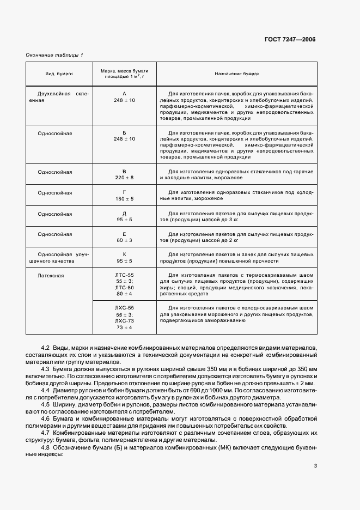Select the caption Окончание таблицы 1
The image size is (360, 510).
(x=54, y=54)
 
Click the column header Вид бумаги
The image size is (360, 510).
(x=59, y=74)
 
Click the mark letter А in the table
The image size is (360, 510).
(x=124, y=93)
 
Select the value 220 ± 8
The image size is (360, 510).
(x=124, y=178)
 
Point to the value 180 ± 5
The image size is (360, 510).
(x=124, y=199)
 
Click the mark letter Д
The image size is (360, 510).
(x=124, y=214)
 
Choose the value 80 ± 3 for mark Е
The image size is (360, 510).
(x=124, y=241)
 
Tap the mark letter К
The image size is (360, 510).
(x=124, y=254)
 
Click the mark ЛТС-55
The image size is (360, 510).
(x=124, y=274)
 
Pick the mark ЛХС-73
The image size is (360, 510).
(x=124, y=321)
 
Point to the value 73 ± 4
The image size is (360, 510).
(x=124, y=328)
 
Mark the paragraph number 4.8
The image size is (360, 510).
(x=46, y=447)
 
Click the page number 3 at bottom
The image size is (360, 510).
(x=315, y=465)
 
